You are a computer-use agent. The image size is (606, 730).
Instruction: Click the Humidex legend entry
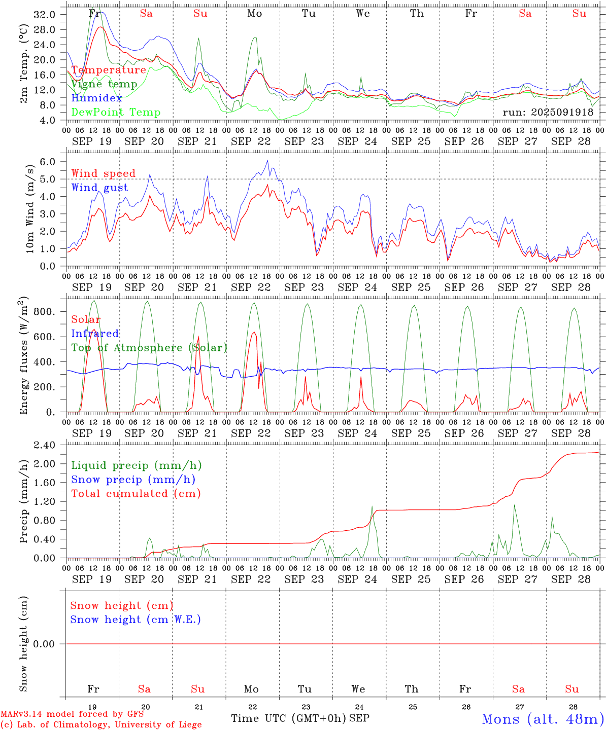coord(96,98)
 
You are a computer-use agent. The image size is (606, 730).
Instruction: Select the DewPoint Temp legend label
coord(116,113)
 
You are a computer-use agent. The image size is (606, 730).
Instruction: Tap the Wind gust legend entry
coord(99,188)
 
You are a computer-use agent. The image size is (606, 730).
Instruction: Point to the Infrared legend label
coord(95,334)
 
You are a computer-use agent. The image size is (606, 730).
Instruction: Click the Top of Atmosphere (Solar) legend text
coord(149,348)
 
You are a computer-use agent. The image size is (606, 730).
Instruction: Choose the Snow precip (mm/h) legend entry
coord(133,480)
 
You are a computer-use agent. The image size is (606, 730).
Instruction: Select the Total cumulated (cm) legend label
coord(136,494)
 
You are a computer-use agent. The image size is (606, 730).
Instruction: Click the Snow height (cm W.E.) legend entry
coord(136,619)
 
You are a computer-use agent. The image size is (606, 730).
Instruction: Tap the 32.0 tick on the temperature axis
coord(44,15)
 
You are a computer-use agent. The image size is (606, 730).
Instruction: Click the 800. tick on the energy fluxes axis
coord(44,312)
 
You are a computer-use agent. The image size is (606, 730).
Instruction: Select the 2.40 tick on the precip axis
coord(44,445)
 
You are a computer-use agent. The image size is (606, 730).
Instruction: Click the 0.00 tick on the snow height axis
coord(44,644)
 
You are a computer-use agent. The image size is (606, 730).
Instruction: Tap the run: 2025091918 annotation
coord(548,113)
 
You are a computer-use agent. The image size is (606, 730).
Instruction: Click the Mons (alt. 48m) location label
coord(543,719)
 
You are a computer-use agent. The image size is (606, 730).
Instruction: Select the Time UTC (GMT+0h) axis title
coord(288,718)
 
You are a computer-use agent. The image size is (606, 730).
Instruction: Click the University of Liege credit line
coord(101,724)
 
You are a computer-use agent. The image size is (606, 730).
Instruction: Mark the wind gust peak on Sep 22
coord(267,161)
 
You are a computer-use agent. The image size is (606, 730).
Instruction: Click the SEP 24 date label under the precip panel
coord(357,579)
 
